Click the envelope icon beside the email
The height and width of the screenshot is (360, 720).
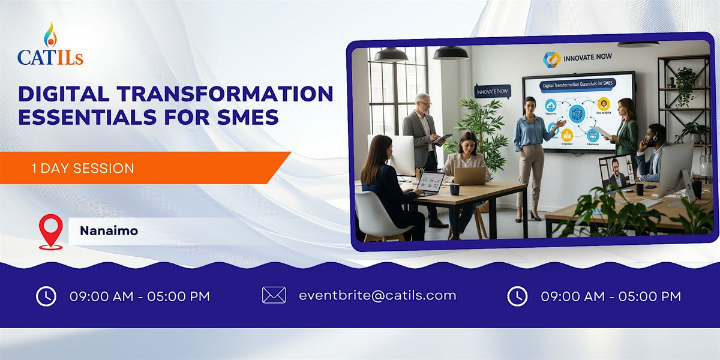[x=274, y=295]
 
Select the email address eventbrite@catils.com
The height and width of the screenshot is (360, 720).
[x=377, y=295]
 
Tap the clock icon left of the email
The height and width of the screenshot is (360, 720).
[x=46, y=296]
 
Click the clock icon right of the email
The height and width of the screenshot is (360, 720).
[x=517, y=296]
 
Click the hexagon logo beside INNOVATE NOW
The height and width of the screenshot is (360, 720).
[x=551, y=59]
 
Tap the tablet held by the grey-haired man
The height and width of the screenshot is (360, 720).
[x=443, y=138]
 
